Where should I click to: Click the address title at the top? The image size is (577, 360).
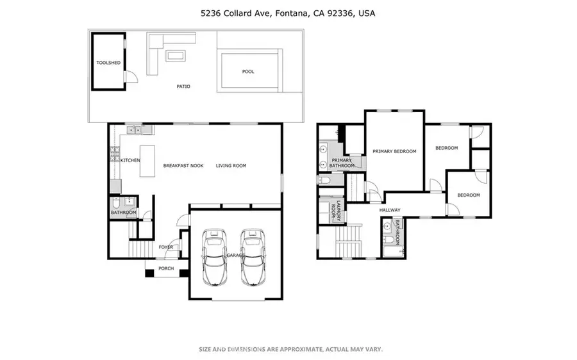pyautogui.click(x=288, y=13)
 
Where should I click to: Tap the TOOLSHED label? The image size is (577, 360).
pyautogui.click(x=108, y=63)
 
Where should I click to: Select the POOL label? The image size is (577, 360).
pyautogui.click(x=247, y=72)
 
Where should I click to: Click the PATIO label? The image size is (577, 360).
pyautogui.click(x=183, y=86)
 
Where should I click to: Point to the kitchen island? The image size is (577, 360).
pyautogui.click(x=149, y=160)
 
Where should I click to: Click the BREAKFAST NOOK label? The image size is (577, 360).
pyautogui.click(x=183, y=166)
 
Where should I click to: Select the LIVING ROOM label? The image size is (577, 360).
pyautogui.click(x=231, y=166)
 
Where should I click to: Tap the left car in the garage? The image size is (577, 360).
pyautogui.click(x=214, y=256)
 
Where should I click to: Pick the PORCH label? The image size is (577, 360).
pyautogui.click(x=166, y=268)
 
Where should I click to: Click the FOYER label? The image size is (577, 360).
pyautogui.click(x=165, y=247)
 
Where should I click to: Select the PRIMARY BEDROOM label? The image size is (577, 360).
pyautogui.click(x=394, y=152)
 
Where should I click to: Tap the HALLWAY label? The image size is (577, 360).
pyautogui.click(x=389, y=210)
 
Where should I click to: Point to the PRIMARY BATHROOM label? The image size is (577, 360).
pyautogui.click(x=342, y=163)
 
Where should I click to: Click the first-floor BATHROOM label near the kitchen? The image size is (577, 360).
pyautogui.click(x=123, y=213)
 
